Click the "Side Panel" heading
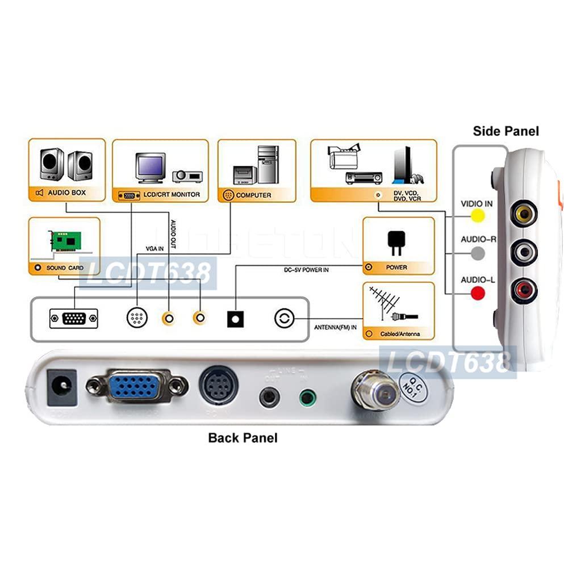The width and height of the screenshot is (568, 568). pos(506,131)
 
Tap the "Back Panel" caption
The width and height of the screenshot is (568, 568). pos(243,438)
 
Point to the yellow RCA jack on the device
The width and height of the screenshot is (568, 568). pos(523,214)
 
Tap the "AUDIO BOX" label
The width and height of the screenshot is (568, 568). pos(66,193)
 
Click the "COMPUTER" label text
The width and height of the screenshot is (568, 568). pos(253,195)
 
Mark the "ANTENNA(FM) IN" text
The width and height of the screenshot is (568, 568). pos(335,327)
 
